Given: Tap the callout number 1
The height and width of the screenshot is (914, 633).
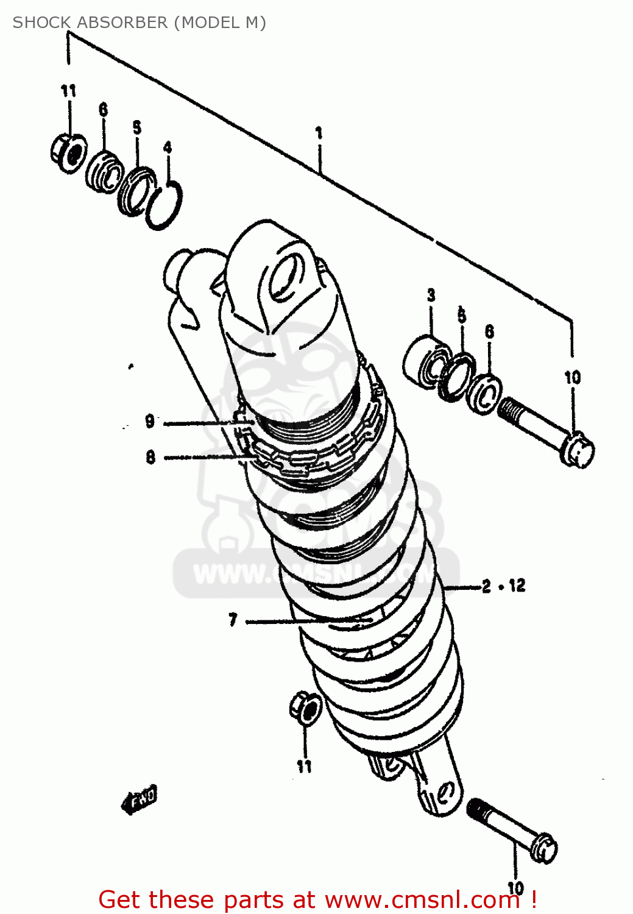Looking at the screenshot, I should point(319,133).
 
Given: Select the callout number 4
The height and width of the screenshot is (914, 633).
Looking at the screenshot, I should point(168,147).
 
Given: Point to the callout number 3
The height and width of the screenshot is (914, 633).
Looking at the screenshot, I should point(431,296).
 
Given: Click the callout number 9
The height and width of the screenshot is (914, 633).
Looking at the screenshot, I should point(150,421).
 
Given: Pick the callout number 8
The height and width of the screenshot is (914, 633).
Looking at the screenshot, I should point(150,457).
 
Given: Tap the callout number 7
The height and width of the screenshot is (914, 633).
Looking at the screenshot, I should point(233,620).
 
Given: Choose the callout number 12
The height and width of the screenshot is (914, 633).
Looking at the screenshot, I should point(517,586).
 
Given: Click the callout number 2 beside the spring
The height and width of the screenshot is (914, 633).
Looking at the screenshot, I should point(486,587).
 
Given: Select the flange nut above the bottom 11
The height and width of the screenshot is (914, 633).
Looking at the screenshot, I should point(305,707).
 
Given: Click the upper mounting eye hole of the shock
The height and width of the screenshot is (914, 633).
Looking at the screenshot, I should point(285,277).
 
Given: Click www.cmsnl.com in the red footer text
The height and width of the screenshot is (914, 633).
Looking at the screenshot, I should point(422,900).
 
